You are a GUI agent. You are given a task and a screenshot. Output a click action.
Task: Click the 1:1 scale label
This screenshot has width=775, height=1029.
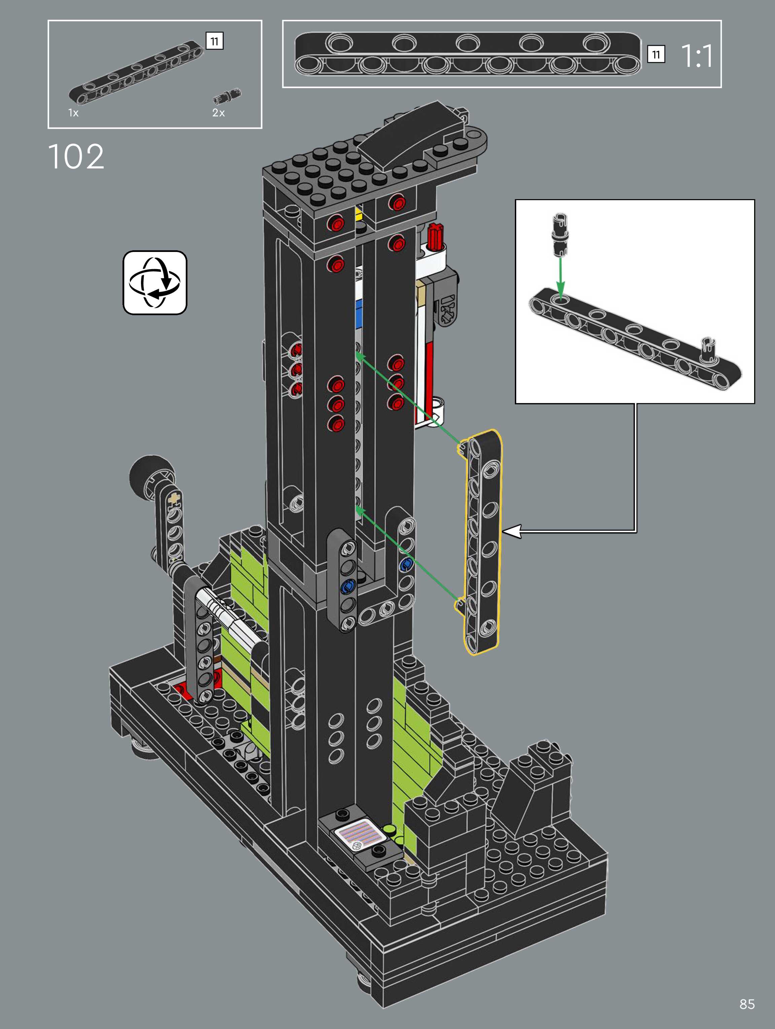(x=697, y=56)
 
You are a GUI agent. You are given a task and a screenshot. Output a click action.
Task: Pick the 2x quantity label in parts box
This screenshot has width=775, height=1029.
(x=218, y=113)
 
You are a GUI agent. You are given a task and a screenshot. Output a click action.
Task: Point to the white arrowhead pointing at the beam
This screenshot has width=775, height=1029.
(x=511, y=531)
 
